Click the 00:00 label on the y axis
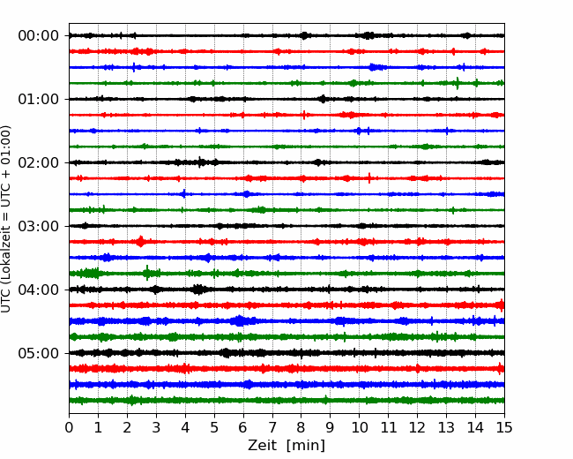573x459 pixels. tap(39, 36)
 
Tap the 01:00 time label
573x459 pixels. tap(39, 99)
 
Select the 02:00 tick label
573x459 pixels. tap(39, 162)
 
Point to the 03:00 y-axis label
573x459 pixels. tap(39, 226)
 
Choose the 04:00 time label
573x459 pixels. tap(39, 290)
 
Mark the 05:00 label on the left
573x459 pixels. tap(39, 353)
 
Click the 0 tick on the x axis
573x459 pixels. tap(69, 427)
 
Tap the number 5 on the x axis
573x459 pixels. tap(214, 427)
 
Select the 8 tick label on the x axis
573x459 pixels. tap(301, 427)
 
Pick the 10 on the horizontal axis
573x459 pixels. tap(359, 427)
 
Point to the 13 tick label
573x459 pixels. tap(446, 427)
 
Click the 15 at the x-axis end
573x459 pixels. tap(504, 427)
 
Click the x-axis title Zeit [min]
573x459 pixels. tap(286, 446)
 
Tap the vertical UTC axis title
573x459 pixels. tap(5, 219)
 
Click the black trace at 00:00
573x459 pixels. tap(286, 35)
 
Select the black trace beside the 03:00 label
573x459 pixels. tap(286, 226)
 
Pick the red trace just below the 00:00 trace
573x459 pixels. tap(286, 51)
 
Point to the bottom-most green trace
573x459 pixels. tap(286, 401)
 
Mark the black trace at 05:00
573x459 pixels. tap(286, 353)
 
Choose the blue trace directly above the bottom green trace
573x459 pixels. tap(286, 385)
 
